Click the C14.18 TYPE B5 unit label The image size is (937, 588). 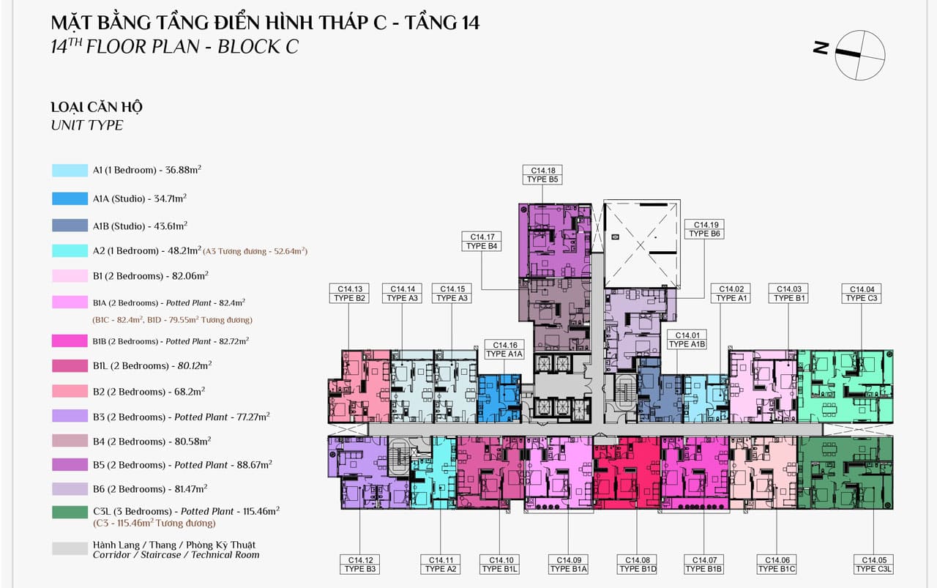[x=542, y=174]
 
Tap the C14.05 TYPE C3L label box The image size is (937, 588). [x=873, y=564]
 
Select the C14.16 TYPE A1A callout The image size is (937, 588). [x=504, y=349]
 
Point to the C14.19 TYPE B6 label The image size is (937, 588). [x=704, y=229]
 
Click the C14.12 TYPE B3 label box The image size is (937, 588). [x=359, y=564]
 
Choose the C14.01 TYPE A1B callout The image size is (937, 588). [x=687, y=340]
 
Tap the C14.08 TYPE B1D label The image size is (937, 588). [x=638, y=564]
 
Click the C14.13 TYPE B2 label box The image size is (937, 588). [x=349, y=294]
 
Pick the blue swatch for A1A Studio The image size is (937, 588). [x=70, y=198]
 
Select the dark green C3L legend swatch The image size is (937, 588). [x=70, y=513]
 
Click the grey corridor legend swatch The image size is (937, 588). [x=70, y=548]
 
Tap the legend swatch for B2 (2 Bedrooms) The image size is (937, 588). [x=70, y=391]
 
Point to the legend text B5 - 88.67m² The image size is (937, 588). [x=182, y=464]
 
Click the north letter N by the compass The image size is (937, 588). [x=821, y=48]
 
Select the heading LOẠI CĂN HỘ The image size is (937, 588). [x=97, y=107]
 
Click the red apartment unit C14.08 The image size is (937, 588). [x=626, y=473]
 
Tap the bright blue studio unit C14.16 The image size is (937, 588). [x=499, y=398]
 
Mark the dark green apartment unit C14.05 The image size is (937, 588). [x=845, y=473]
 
